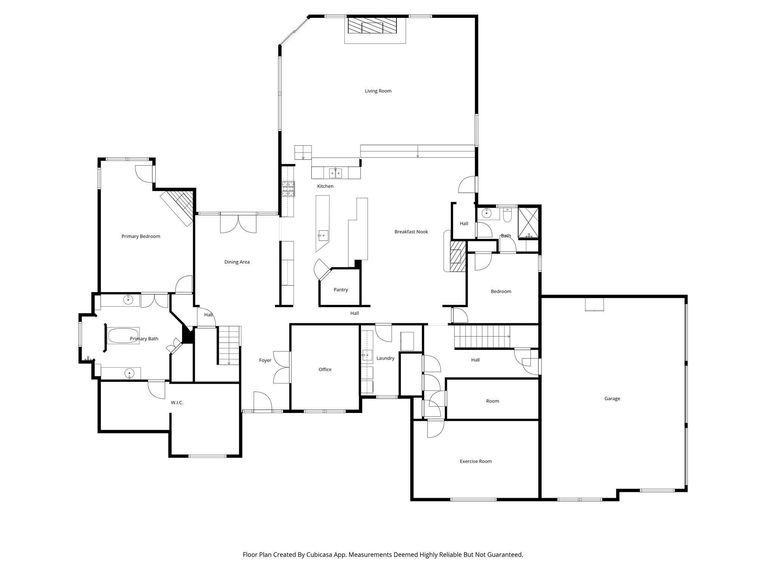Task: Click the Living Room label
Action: [x=378, y=91]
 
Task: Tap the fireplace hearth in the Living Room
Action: [x=372, y=26]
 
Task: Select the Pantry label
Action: [x=341, y=290]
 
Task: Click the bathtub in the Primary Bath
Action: [x=123, y=336]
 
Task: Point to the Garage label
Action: [x=612, y=398]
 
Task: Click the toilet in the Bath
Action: [x=507, y=215]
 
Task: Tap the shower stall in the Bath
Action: [x=528, y=222]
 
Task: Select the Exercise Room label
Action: [x=475, y=461]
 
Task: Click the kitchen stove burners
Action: [x=288, y=189]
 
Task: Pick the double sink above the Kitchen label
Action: [x=335, y=173]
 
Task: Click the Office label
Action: [x=325, y=369]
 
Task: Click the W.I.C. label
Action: [x=177, y=402]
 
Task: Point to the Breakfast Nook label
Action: [x=411, y=232]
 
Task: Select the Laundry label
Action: [x=385, y=358]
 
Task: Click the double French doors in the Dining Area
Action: [x=238, y=223]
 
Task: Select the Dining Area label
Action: [x=237, y=262]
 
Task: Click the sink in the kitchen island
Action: [x=323, y=235]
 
